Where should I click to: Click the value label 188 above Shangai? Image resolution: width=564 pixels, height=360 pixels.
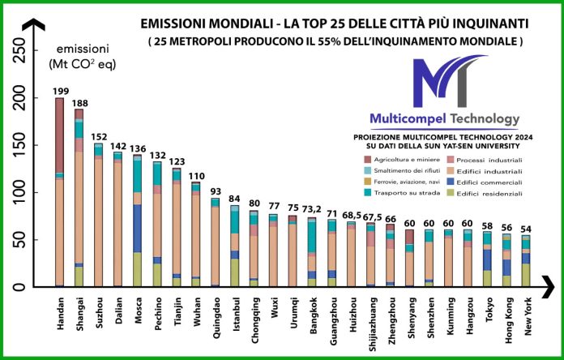click(79, 103)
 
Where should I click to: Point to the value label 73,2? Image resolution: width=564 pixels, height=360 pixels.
click(312, 208)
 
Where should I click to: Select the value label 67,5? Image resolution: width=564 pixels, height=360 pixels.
click(370, 216)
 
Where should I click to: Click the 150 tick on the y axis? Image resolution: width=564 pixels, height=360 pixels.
click(23, 146)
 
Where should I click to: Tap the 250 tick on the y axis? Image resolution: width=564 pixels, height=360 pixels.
click(23, 53)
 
